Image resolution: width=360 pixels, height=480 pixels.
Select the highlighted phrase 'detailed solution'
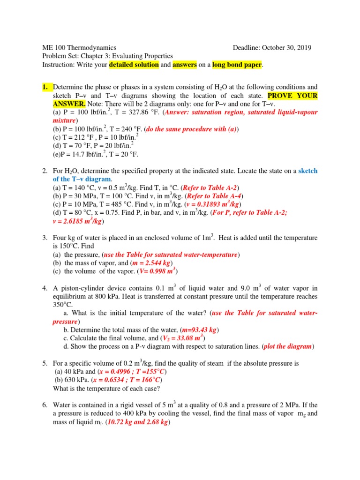[x=134, y=65]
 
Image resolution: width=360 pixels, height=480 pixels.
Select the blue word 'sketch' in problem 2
[x=307, y=171]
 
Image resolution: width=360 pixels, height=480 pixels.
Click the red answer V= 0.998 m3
[x=156, y=271]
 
